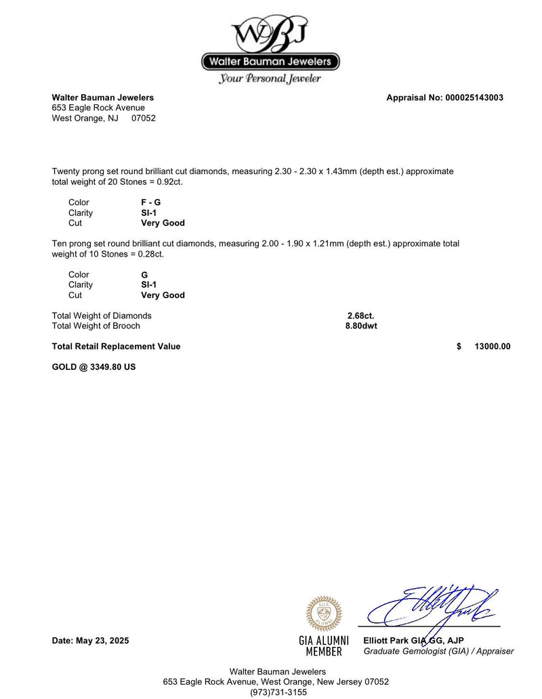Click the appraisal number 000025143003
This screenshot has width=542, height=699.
point(474,98)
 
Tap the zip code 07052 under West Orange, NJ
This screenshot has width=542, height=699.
point(144,118)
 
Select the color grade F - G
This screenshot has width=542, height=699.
point(151,203)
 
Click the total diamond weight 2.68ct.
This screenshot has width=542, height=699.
point(360,316)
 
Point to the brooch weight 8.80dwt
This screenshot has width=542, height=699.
point(361,326)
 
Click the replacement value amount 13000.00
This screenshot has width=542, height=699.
point(493,346)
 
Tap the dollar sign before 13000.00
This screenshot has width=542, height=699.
point(459,346)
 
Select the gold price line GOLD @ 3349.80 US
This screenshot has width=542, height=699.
point(93,368)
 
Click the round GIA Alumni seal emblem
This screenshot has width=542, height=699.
point(324,613)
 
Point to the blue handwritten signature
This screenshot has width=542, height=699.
point(434,605)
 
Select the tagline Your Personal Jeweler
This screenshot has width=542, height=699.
point(270,79)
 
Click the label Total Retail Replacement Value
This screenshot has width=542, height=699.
point(116,346)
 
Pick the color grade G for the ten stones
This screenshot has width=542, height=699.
point(144,275)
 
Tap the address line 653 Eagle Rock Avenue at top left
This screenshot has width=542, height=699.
point(98,108)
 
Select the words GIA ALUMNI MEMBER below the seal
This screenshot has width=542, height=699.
point(324,646)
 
